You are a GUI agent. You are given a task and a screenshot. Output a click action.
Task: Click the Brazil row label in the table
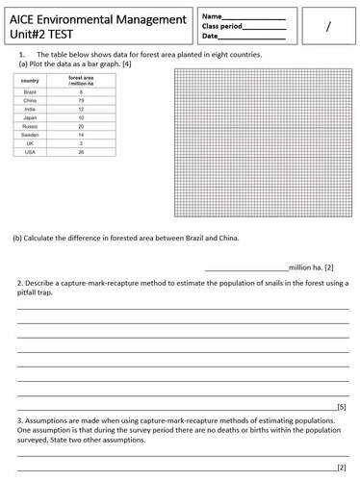29,91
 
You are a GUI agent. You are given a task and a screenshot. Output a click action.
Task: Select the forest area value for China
81,100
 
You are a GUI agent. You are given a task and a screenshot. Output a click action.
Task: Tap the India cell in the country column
29,109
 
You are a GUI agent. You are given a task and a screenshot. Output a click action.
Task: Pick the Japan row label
29,117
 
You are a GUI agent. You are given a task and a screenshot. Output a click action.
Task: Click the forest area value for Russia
81,126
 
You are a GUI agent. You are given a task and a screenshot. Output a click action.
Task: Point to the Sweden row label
31,135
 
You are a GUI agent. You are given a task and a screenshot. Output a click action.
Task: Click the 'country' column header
30,81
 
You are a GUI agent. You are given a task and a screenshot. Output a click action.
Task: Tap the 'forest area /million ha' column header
81,81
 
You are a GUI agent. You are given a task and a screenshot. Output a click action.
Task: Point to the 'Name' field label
211,15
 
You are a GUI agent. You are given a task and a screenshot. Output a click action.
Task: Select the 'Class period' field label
223,26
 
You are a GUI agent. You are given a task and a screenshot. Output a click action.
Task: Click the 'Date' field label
210,37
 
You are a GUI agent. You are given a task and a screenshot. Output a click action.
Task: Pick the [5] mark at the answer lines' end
341,407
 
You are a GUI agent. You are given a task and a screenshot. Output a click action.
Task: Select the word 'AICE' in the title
26,20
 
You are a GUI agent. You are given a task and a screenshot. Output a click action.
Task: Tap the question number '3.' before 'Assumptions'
20,421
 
